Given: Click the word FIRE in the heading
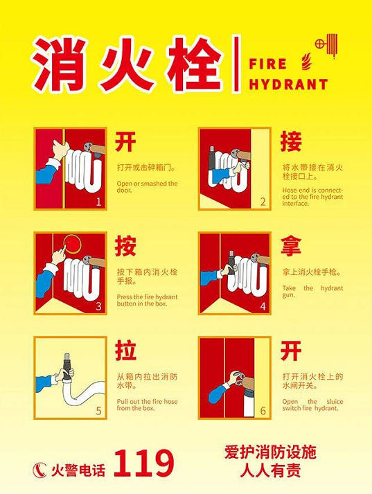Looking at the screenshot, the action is (267, 64).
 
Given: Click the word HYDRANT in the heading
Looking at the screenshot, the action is (288, 85).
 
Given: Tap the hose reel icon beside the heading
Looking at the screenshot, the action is (326, 46).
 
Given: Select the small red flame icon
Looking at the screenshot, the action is (306, 61).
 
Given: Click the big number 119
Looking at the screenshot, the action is (143, 463).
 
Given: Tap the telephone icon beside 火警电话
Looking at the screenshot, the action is (39, 470).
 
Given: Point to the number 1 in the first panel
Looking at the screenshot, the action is (98, 202).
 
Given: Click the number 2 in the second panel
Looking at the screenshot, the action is (263, 202).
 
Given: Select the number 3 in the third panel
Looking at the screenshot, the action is (98, 306).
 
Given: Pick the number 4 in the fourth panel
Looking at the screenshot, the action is (263, 306).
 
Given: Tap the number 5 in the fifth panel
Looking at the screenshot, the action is (98, 411).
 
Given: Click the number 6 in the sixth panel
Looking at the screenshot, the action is (263, 411).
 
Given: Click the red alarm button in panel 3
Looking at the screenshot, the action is (73, 244).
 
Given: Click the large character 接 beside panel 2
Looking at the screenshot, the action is (291, 141).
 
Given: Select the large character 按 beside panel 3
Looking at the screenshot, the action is (125, 246).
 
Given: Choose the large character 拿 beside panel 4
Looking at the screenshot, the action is (291, 246).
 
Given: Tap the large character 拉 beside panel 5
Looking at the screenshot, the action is (125, 350).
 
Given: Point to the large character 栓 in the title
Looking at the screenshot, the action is (195, 64).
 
